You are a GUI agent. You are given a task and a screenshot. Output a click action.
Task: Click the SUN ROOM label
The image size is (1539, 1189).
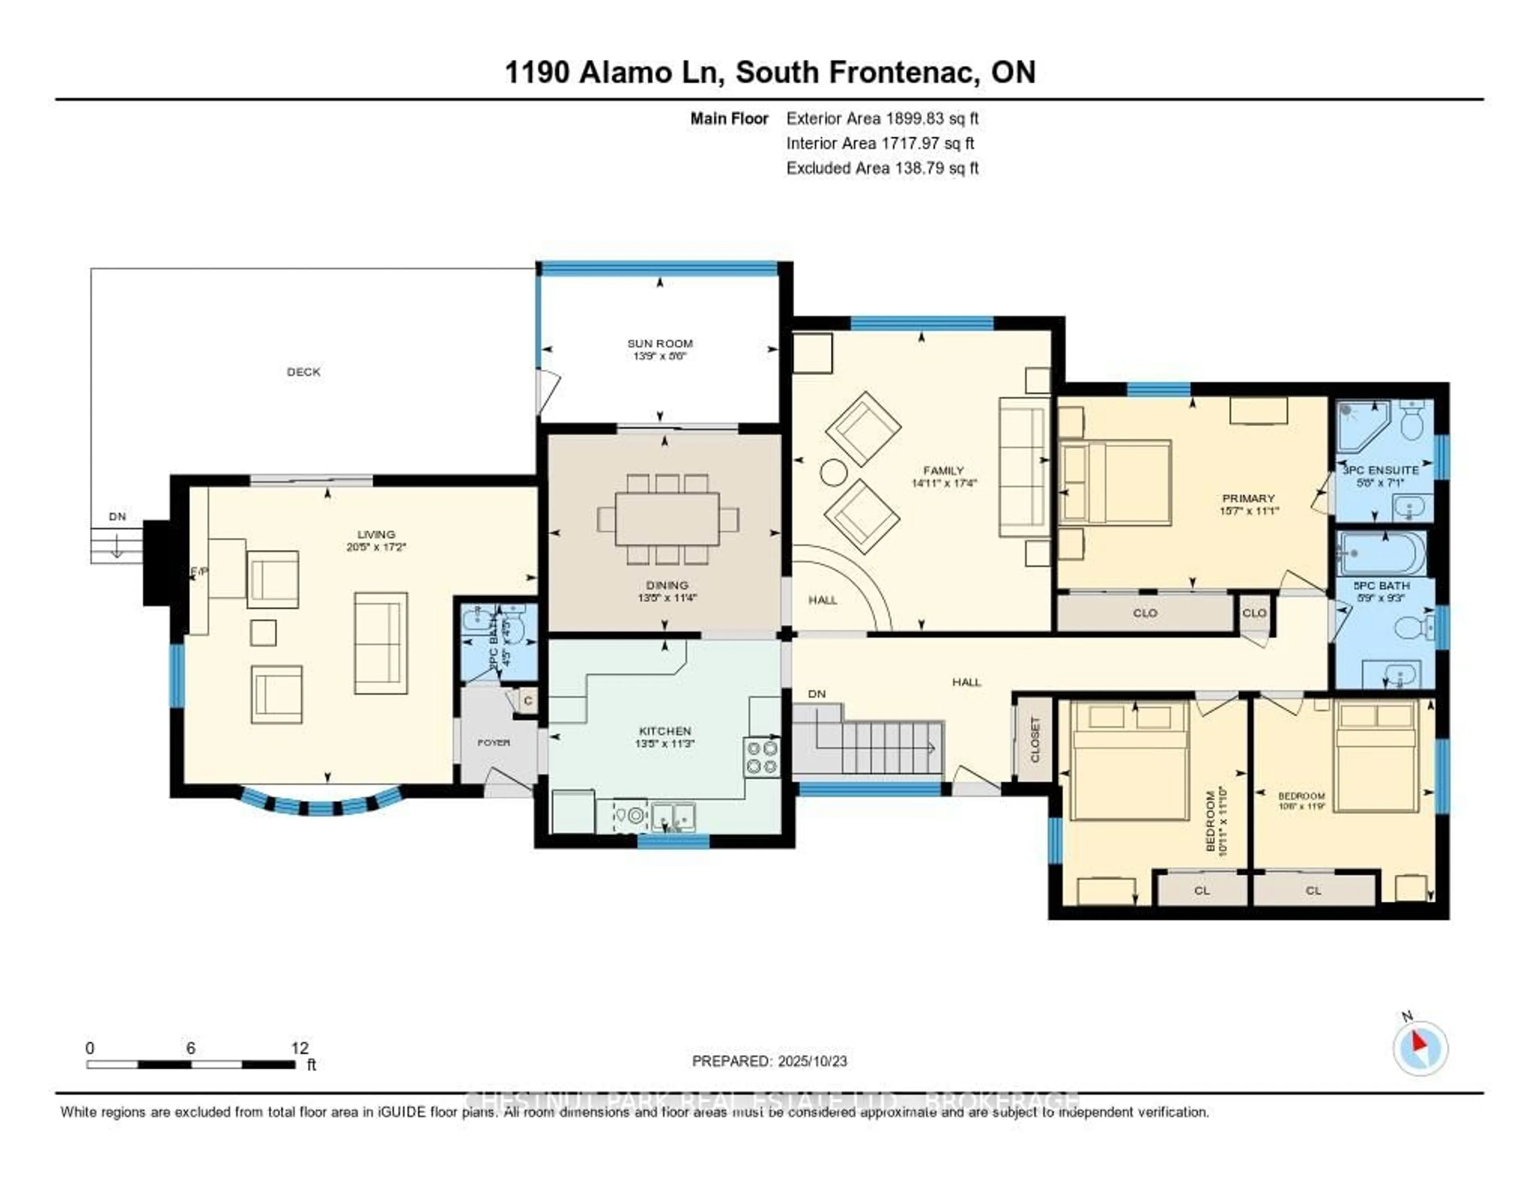point(660,343)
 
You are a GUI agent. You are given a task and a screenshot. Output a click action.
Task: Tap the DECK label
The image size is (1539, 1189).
point(304,372)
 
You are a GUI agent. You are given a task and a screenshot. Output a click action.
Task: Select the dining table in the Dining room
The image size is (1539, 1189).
point(666,519)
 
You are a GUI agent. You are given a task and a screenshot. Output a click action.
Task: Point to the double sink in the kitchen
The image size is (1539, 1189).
point(673,817)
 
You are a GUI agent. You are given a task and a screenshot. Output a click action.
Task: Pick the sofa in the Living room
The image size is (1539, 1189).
point(380,643)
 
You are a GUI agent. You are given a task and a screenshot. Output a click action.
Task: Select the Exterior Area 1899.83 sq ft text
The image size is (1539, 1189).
point(882,118)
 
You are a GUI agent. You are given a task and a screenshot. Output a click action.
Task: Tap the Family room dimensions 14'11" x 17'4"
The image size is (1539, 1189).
point(943,483)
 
